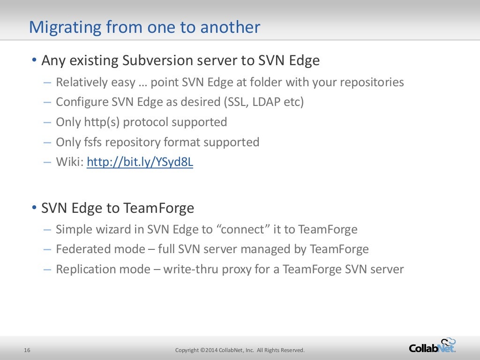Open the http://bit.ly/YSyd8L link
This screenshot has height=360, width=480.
(140, 162)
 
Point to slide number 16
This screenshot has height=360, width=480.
(27, 350)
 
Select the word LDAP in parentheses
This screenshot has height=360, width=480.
(267, 102)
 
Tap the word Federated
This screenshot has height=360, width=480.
(78, 249)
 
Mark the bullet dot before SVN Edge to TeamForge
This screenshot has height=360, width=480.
(34, 207)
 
